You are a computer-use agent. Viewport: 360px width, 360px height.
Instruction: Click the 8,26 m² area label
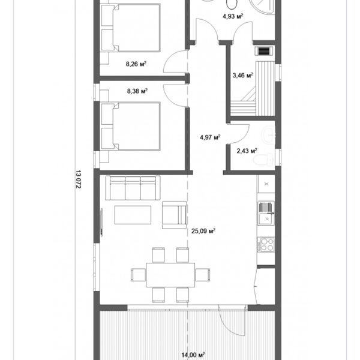click(x=136, y=64)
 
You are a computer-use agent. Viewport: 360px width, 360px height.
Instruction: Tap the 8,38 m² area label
click(x=137, y=91)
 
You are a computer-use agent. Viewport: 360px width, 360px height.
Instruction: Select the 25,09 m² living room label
click(x=203, y=231)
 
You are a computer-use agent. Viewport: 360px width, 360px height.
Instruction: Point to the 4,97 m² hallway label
click(x=210, y=137)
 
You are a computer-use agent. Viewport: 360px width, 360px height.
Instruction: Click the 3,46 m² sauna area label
click(x=242, y=75)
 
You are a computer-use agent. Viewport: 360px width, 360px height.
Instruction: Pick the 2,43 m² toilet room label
click(x=247, y=151)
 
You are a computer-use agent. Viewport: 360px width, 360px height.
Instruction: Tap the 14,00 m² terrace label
click(x=193, y=355)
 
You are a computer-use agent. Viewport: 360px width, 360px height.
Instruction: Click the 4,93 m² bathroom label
click(x=233, y=16)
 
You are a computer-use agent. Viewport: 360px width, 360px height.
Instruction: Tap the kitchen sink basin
click(x=266, y=218)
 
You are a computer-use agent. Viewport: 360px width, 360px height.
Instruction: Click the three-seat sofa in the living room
click(x=133, y=188)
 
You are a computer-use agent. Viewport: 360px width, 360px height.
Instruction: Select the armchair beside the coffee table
click(x=175, y=215)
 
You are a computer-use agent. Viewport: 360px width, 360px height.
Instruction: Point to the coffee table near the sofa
click(x=133, y=215)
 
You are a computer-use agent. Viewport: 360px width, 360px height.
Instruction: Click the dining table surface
click(x=170, y=275)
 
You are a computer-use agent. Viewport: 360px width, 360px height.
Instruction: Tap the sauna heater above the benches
click(x=265, y=51)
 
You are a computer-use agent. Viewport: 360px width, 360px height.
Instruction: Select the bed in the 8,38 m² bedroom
click(x=131, y=126)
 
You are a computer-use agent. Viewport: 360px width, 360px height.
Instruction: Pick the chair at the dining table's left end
click(x=139, y=275)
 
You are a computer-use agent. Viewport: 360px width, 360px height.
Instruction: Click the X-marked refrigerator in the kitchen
click(x=266, y=184)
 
